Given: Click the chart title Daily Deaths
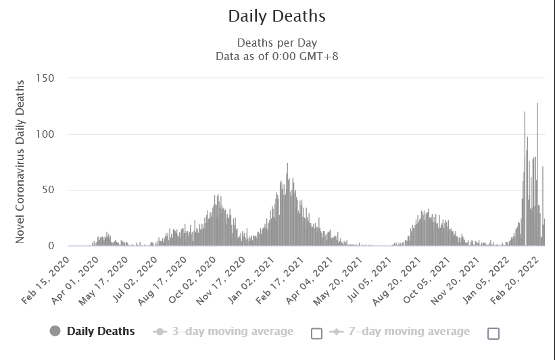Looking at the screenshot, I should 276,16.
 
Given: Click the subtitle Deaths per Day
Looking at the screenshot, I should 276,43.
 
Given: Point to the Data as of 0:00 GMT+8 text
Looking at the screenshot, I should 276,56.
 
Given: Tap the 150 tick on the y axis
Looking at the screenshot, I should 46,78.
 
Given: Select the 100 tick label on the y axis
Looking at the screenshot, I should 46,134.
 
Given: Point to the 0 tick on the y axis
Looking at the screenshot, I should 51,247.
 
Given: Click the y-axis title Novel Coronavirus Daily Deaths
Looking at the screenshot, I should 20,162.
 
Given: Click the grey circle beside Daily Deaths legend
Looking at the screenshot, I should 55,331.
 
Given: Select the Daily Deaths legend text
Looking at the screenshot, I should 101,331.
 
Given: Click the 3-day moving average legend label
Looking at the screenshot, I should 233,331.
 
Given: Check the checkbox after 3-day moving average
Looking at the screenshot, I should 316,333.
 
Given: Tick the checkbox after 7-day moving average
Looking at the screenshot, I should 493,333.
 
